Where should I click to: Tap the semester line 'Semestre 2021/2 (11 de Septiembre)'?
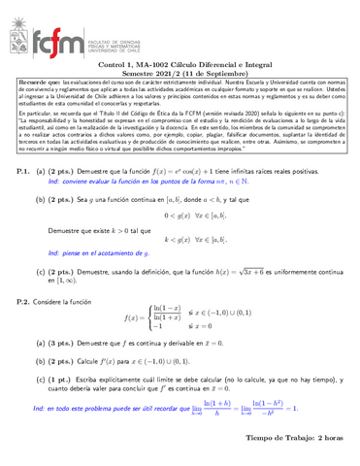(x=180, y=73)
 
